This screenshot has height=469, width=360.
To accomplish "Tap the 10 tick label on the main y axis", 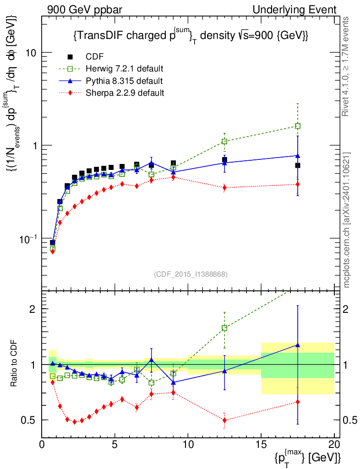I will pos(32,52).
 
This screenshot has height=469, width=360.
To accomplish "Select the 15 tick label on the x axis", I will pos(261,445).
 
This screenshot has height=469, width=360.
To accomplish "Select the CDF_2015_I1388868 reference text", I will pos(191,274).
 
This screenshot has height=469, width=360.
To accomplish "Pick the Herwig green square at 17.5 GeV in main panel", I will pos(298,126).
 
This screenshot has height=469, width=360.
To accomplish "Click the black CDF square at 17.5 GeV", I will pos(298,165).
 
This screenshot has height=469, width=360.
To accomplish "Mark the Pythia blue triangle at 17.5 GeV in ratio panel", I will pos(298,345).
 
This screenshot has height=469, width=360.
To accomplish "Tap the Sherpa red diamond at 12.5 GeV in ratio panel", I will pos(224,420).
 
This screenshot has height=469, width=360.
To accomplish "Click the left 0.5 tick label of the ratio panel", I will pos(32,420).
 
